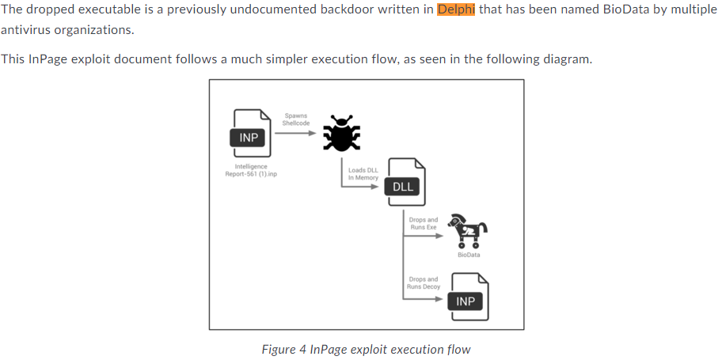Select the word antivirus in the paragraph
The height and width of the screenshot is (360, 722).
pos(27,30)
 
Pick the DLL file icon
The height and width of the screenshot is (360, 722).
pos(405,181)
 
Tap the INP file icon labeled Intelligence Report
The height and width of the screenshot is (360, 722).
pos(249,132)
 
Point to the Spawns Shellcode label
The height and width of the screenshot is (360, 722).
pos(295,119)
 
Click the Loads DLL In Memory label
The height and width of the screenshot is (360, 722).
pos(363,173)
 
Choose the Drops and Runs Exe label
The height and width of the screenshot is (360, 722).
pos(424,223)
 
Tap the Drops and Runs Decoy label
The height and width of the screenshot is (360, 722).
pos(424,282)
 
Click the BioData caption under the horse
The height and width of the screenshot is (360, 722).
pos(469,255)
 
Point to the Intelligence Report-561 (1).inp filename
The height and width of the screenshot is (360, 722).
pos(250,170)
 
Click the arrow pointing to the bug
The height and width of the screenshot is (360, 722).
pos(296,132)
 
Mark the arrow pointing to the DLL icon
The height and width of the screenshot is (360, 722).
pos(364,186)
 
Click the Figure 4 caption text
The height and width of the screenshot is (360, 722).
pos(366,349)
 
